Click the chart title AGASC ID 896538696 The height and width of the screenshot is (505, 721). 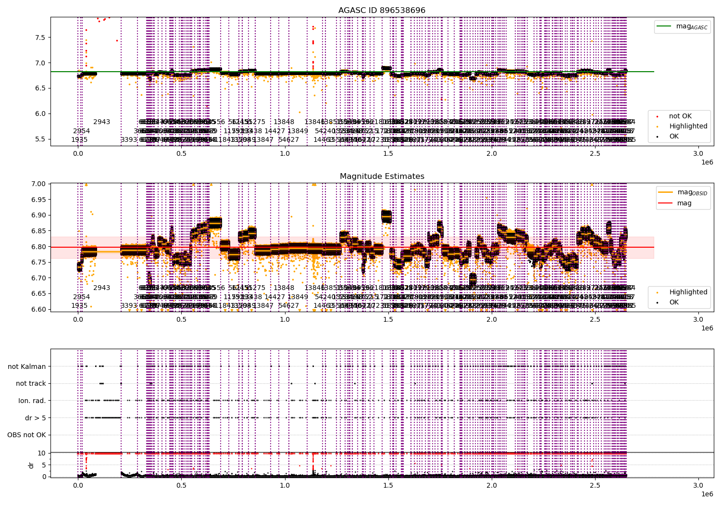pyautogui.click(x=382, y=10)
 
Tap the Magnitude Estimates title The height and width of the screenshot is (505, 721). pyautogui.click(x=382, y=177)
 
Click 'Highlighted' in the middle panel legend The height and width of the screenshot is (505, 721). pyautogui.click(x=688, y=292)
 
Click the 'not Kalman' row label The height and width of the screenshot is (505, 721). pyautogui.click(x=27, y=366)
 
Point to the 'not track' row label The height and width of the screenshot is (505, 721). pyautogui.click(x=31, y=383)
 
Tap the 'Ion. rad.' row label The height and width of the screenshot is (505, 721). pyautogui.click(x=32, y=401)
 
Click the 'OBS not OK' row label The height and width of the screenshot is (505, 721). pyautogui.click(x=26, y=435)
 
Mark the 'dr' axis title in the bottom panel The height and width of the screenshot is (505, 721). pyautogui.click(x=31, y=465)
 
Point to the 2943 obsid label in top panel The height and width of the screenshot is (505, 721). pyautogui.click(x=101, y=122)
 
